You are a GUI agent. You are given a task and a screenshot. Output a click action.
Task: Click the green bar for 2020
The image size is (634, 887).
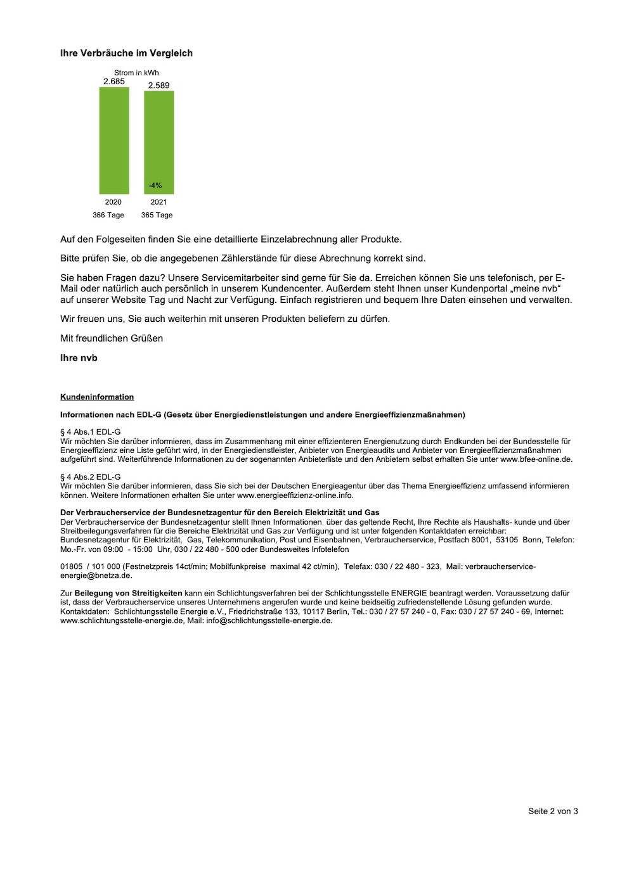click(114, 141)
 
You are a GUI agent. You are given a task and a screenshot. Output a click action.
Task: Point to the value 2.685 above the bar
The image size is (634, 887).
click(114, 82)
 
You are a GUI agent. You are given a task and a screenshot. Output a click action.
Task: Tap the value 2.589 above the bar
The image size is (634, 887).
click(158, 86)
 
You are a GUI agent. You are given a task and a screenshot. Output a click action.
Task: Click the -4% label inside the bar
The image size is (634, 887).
click(155, 186)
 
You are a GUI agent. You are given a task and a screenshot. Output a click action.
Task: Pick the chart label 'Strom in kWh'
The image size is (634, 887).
click(136, 73)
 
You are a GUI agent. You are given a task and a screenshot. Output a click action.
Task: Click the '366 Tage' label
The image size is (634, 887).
click(108, 215)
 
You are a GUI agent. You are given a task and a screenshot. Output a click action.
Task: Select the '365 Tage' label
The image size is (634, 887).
click(157, 215)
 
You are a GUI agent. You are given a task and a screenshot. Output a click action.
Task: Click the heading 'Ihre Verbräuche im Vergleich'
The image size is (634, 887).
click(126, 53)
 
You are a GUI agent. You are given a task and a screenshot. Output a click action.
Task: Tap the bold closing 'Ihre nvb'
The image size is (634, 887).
click(79, 358)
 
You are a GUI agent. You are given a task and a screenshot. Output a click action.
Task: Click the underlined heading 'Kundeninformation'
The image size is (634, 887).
click(97, 397)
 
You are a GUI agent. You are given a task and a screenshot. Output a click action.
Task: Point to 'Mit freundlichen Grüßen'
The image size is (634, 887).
click(112, 338)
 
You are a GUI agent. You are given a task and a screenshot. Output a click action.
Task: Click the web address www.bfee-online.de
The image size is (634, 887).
click(536, 459)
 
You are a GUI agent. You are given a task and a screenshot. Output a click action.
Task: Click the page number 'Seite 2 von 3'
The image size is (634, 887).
click(553, 811)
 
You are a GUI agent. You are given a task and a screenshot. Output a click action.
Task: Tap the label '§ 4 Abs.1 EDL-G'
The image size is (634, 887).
click(90, 432)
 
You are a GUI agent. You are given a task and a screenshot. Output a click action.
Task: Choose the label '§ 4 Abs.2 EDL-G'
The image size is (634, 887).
click(90, 477)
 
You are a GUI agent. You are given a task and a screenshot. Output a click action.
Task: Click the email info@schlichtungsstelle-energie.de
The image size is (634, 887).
click(269, 621)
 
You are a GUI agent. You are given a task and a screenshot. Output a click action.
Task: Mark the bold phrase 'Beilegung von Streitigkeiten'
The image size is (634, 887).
click(128, 594)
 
